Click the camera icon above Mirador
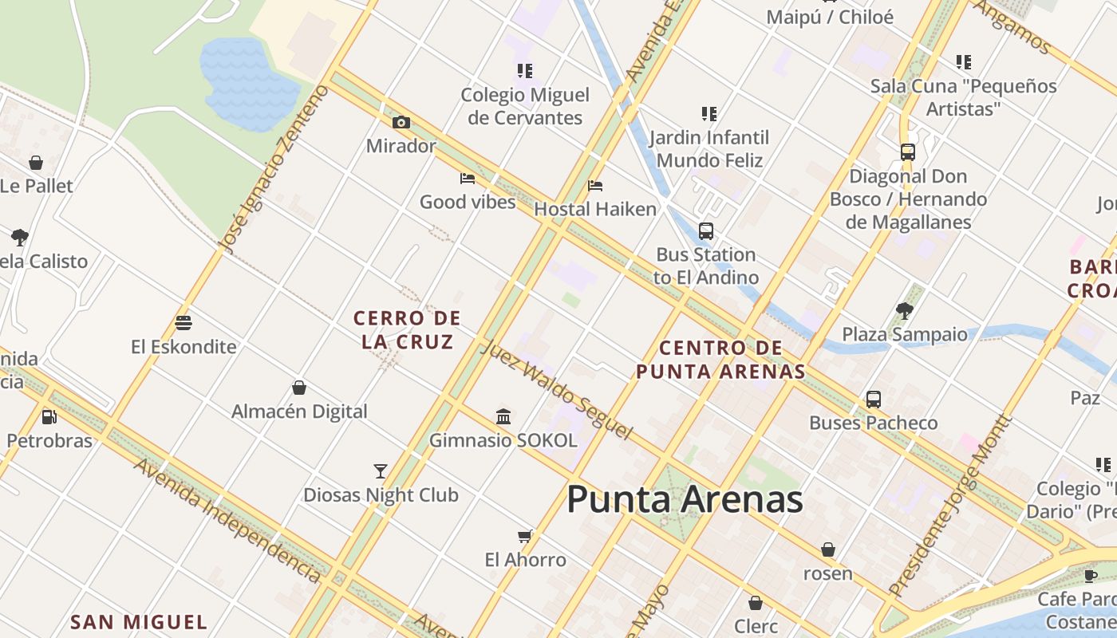click(x=401, y=122)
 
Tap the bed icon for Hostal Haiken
click(x=595, y=186)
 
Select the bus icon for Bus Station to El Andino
click(x=706, y=231)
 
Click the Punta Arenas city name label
click(x=685, y=499)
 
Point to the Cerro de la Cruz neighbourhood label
click(x=407, y=330)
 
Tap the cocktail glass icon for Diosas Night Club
click(x=381, y=471)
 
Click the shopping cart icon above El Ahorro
click(x=525, y=536)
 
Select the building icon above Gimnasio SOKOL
click(x=503, y=416)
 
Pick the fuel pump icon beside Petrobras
click(x=49, y=416)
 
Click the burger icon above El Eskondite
click(x=184, y=323)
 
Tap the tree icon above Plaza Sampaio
click(x=905, y=310)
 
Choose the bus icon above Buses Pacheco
click(x=874, y=400)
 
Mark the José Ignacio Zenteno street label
click(x=274, y=168)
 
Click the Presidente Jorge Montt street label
click(x=949, y=506)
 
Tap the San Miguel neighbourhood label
click(x=139, y=622)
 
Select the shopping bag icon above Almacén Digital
click(x=299, y=388)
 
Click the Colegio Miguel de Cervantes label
click(x=525, y=106)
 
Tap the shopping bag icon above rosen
click(x=828, y=549)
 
